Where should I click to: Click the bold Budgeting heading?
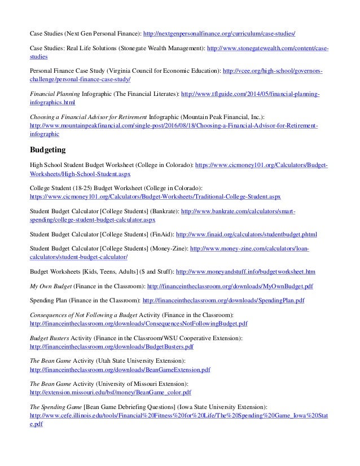click(49, 150)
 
